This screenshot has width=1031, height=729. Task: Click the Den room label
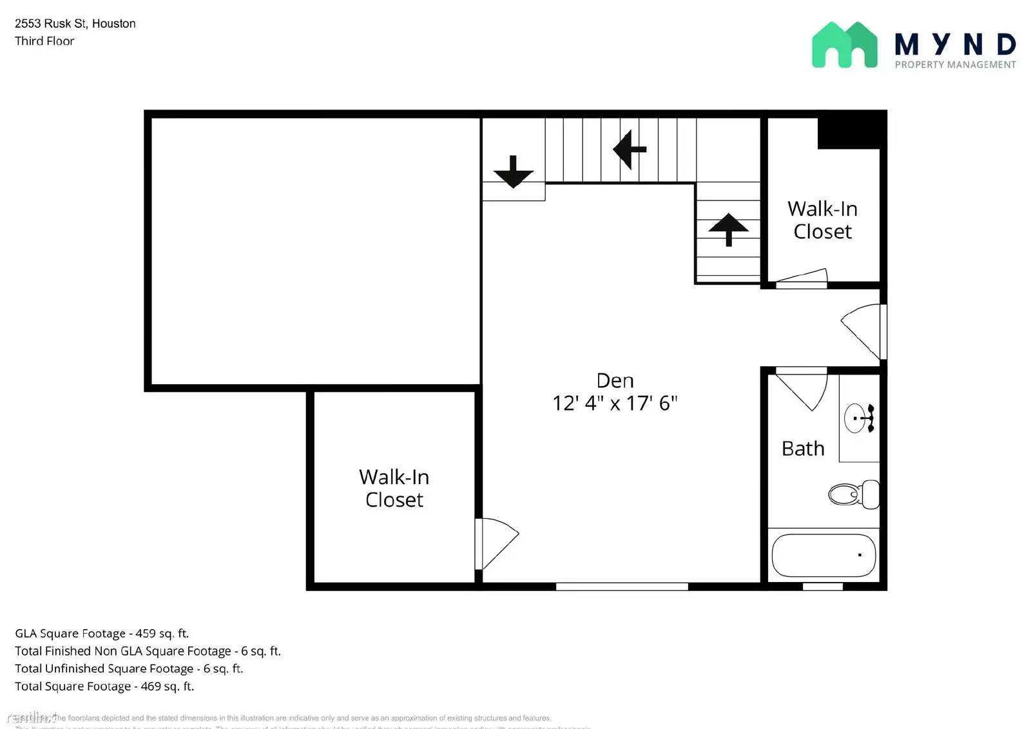(x=615, y=380)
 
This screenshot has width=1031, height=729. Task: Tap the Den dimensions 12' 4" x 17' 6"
(x=615, y=403)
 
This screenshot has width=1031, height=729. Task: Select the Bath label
(x=802, y=449)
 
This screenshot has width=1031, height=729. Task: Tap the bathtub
(x=823, y=555)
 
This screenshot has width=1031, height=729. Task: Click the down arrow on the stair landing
(x=513, y=171)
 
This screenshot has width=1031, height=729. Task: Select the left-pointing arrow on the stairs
(x=629, y=150)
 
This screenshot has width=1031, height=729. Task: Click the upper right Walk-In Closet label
(x=822, y=220)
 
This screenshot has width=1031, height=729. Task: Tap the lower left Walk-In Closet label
(x=394, y=488)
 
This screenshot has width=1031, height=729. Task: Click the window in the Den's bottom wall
(x=622, y=587)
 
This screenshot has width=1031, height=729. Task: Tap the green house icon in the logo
(x=844, y=45)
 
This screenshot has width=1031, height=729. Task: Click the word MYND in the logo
(x=955, y=44)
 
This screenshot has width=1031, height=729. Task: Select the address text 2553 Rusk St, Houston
(x=75, y=24)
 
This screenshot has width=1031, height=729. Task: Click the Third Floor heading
(x=44, y=41)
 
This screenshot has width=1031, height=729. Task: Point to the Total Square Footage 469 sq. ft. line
(x=104, y=686)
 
